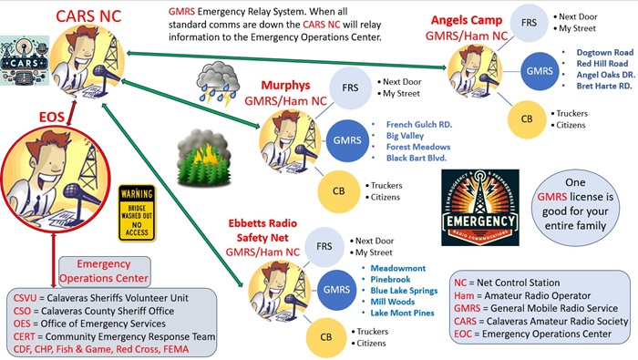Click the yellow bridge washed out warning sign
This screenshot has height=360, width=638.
pyautogui.click(x=137, y=212)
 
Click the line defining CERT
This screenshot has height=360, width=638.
pyautogui.click(x=114, y=336)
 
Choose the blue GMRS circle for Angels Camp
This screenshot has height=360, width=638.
pyautogui.click(x=540, y=69)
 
